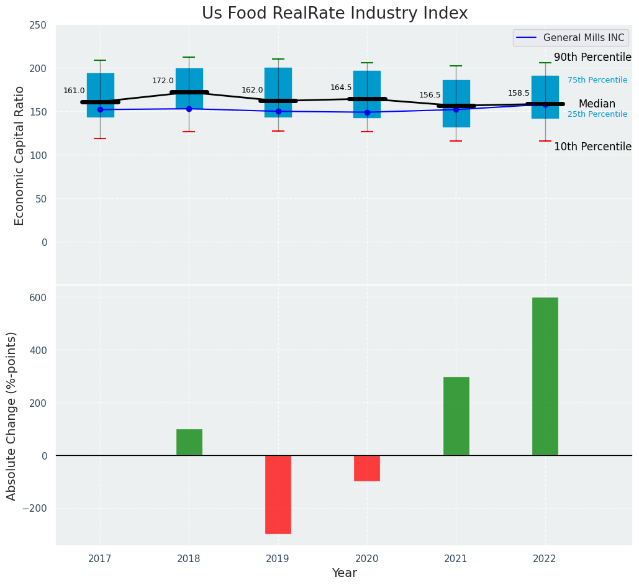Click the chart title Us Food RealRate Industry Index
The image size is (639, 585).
point(335,14)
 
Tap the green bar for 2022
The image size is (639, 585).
point(545,376)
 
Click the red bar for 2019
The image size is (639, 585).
point(278,494)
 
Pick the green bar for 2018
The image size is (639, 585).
point(189,442)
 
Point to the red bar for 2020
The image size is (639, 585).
point(366,468)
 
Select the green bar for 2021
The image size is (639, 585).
point(456,416)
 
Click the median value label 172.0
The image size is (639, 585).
point(163,81)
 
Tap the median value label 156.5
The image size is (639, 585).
point(430,95)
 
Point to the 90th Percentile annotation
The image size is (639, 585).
point(592,58)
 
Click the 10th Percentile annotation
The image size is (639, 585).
point(592,147)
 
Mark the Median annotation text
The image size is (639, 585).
point(597,104)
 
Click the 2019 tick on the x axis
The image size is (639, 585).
point(278,559)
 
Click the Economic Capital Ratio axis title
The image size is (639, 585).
point(19,155)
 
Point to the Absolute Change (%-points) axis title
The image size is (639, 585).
point(12,415)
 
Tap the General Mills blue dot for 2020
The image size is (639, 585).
point(366,112)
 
